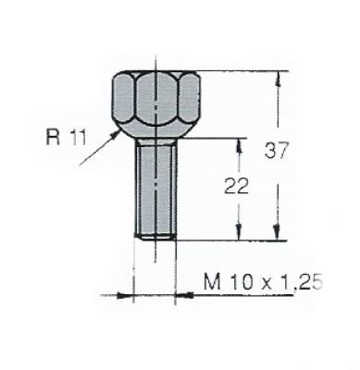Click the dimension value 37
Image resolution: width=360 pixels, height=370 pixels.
click(x=276, y=151)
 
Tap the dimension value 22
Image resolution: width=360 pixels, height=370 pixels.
click(x=236, y=186)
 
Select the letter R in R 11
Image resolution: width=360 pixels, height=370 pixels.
click(x=53, y=137)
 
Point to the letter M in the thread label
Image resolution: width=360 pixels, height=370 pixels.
click(x=213, y=281)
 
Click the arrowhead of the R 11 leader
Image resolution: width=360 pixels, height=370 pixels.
click(x=115, y=133)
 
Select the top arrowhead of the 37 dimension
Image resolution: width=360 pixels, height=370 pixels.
click(x=279, y=79)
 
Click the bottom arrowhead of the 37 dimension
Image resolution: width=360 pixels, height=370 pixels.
click(x=277, y=232)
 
